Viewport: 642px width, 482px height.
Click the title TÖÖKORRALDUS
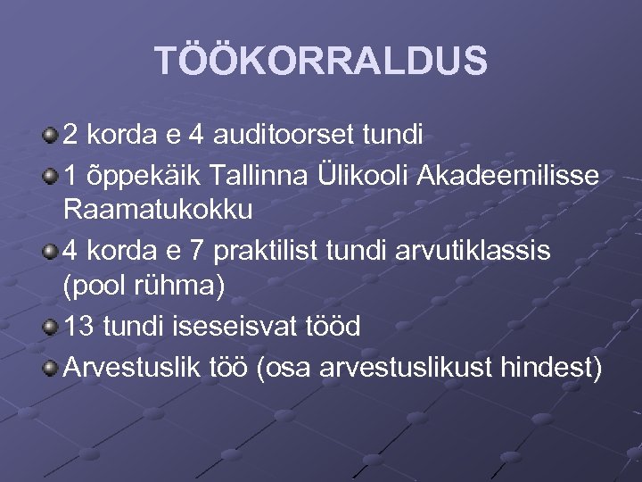tap(321, 62)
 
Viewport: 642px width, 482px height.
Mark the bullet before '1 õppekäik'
tap(50, 173)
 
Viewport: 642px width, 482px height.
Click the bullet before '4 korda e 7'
tap(50, 250)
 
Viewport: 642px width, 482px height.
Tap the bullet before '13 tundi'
tap(50, 326)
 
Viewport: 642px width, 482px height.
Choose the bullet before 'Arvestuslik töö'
tap(50, 364)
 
